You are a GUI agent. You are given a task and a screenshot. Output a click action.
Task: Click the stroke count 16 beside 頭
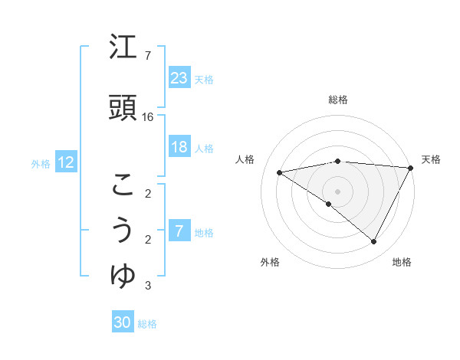coord(148,116)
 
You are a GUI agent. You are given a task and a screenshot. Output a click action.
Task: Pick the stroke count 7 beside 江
coord(147,56)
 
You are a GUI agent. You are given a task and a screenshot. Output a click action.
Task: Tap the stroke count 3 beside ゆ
coord(147,286)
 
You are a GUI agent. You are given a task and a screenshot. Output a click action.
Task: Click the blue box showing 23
coord(179,77)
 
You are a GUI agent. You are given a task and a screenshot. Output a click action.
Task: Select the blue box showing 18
coord(179,147)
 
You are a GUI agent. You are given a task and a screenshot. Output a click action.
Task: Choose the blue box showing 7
coord(179,231)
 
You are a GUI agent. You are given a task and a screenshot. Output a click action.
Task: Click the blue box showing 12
coord(66,162)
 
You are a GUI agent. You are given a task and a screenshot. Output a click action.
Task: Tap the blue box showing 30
coord(123,322)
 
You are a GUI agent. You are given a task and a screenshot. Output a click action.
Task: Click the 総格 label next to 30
coord(147,324)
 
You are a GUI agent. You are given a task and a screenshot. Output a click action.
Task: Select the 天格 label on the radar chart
coord(431,159)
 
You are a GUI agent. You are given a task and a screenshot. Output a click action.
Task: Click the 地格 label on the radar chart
coord(402,262)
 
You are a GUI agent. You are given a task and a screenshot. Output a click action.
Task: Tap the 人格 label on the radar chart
coord(246,159)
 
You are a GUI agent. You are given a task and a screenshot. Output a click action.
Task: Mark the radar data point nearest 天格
coord(411,168)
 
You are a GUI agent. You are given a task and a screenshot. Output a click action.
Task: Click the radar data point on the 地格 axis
coord(374,242)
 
